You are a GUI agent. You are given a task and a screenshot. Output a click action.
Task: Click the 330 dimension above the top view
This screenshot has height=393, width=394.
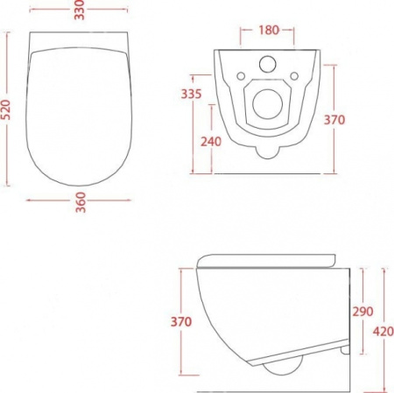pyautogui.click(x=79, y=10)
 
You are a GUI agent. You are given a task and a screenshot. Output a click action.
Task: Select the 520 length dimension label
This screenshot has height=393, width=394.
pyautogui.click(x=6, y=109)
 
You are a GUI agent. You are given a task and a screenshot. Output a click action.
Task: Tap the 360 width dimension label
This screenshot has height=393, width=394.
pyautogui.click(x=81, y=202)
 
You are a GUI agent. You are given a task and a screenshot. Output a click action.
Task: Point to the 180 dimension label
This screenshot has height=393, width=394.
pyautogui.click(x=269, y=30)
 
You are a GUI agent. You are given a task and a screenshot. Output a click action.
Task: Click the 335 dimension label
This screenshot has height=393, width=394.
pyautogui.click(x=192, y=94)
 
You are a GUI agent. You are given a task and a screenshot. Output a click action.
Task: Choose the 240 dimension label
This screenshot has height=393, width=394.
pyautogui.click(x=211, y=142)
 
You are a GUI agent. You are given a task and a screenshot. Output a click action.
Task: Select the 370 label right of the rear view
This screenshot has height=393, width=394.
pyautogui.click(x=334, y=120)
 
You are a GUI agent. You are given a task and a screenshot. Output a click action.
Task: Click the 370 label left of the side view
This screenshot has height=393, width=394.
pyautogui.click(x=181, y=321)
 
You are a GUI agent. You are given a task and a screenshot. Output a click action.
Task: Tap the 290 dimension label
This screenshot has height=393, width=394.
pyautogui.click(x=363, y=312)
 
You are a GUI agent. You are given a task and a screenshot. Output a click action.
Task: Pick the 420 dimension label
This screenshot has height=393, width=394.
pyautogui.click(x=383, y=332)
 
